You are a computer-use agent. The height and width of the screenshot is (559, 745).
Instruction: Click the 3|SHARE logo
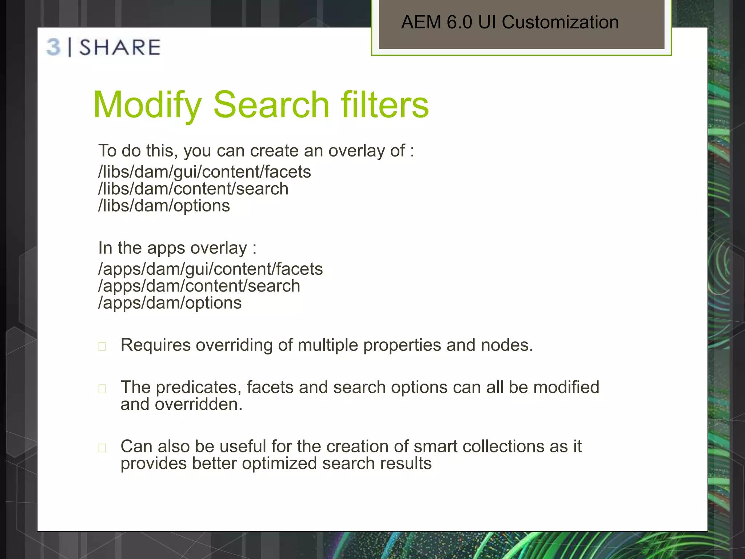tap(104, 47)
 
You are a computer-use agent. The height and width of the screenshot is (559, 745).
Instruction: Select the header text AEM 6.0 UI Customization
tap(510, 22)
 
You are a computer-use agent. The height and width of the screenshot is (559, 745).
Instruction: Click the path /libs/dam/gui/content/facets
tap(204, 172)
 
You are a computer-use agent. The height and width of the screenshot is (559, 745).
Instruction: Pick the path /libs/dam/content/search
tap(193, 189)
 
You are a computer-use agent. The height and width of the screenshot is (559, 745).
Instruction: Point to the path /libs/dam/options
tap(164, 206)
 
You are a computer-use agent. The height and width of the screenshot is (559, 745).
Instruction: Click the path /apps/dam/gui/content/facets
tap(210, 269)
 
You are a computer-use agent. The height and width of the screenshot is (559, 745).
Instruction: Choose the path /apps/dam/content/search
tap(199, 286)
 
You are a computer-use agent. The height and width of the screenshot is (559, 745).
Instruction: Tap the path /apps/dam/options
tap(170, 303)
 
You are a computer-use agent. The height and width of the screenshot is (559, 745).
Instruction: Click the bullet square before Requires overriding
tap(102, 346)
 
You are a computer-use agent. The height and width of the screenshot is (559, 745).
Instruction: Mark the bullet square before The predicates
tap(102, 389)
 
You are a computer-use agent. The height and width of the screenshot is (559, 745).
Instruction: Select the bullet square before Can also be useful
tap(102, 448)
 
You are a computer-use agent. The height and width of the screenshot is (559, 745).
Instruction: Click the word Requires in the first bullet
tap(155, 345)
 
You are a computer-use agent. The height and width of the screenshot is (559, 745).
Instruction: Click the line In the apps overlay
tap(177, 248)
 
